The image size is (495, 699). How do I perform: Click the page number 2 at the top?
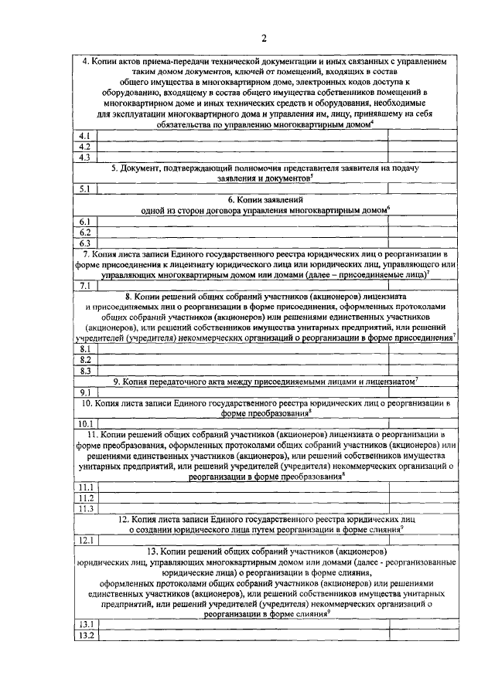(x=263, y=39)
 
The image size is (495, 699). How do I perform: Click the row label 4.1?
(x=85, y=137)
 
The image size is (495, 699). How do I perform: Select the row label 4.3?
(x=85, y=157)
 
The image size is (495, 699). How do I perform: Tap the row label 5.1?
(x=85, y=188)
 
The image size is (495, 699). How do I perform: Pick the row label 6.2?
(x=85, y=232)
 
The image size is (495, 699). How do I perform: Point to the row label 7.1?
(x=85, y=286)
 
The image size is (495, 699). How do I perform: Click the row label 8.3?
(x=85, y=370)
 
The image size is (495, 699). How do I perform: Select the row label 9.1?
(x=85, y=392)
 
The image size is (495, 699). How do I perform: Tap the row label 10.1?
(x=85, y=423)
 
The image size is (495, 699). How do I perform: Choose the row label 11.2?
(x=85, y=498)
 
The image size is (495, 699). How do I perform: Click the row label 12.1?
(x=85, y=540)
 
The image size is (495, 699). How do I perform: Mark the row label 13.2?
(x=85, y=635)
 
